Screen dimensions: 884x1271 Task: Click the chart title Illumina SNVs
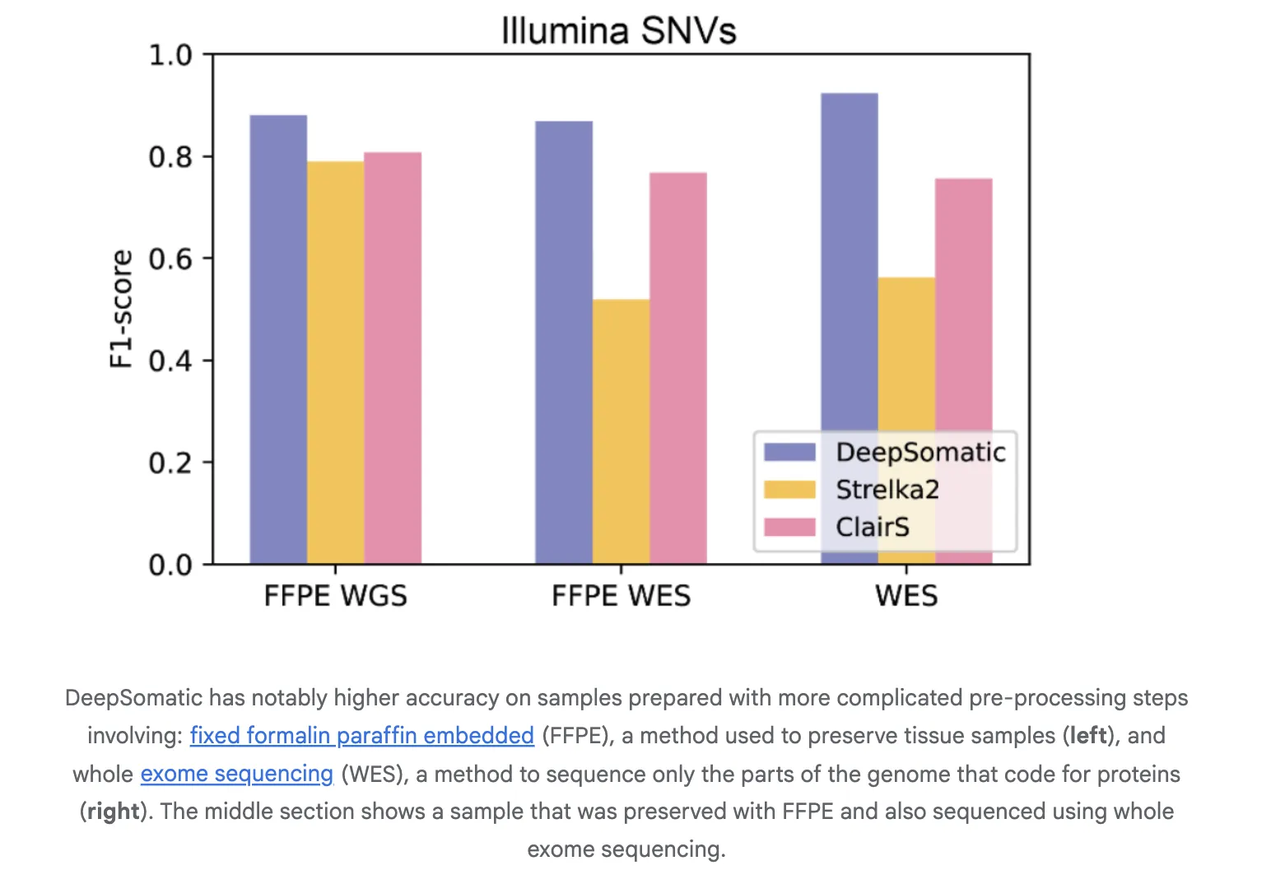618,31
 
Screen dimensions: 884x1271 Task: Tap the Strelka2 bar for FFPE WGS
336,362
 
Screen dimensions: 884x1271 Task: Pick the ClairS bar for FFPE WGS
393,358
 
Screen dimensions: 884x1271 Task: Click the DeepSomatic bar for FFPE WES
564,342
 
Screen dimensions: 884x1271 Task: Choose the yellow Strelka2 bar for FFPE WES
621,431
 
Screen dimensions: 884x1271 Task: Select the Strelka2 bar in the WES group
906,354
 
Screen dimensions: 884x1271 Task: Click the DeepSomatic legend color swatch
789,452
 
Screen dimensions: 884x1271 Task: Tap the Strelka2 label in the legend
887,490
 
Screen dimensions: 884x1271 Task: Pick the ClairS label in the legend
873,527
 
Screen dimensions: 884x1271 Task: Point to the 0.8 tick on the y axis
170,156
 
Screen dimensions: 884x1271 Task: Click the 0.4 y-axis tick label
170,361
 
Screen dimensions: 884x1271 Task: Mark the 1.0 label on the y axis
170,55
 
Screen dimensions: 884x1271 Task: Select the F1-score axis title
121,309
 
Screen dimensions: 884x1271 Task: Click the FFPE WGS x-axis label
336,595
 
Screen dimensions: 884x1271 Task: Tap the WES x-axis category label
906,595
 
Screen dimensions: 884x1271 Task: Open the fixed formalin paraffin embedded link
362,735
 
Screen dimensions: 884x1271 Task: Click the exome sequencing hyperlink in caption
237,774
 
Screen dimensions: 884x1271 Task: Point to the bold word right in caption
114,812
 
